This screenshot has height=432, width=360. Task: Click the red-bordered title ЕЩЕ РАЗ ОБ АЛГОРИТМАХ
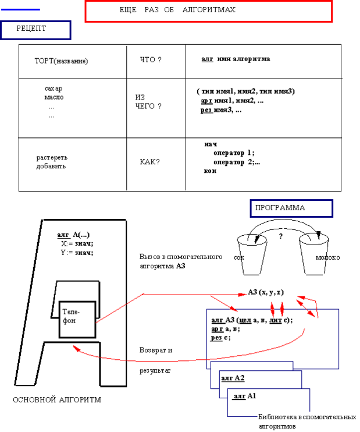208,11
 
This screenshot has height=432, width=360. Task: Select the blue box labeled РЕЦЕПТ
35,30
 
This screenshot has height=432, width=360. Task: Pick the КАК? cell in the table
149,162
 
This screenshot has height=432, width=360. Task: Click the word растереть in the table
52,158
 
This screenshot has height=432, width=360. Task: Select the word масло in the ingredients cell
54,97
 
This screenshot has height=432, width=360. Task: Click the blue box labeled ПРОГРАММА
291,208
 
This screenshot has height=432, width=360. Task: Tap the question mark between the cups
280,236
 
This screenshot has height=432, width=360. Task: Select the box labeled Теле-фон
77,318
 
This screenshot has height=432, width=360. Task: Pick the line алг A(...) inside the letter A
73,235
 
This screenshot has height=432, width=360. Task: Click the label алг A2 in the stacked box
233,378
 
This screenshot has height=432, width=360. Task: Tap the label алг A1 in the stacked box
244,396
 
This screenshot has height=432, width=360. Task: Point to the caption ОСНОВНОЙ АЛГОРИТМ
56,400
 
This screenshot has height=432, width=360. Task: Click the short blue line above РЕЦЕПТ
21,10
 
